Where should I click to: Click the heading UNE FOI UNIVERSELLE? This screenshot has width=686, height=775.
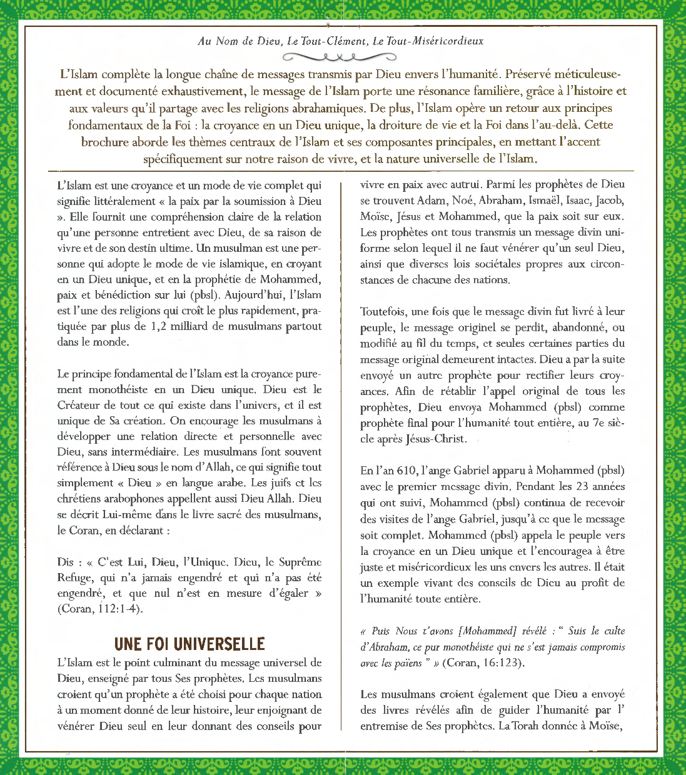point(189,644)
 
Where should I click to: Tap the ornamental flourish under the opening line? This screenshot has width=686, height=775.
point(339,57)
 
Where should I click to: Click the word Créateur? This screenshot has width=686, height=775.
point(79,405)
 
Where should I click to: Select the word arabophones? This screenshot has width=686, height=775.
point(127,499)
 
